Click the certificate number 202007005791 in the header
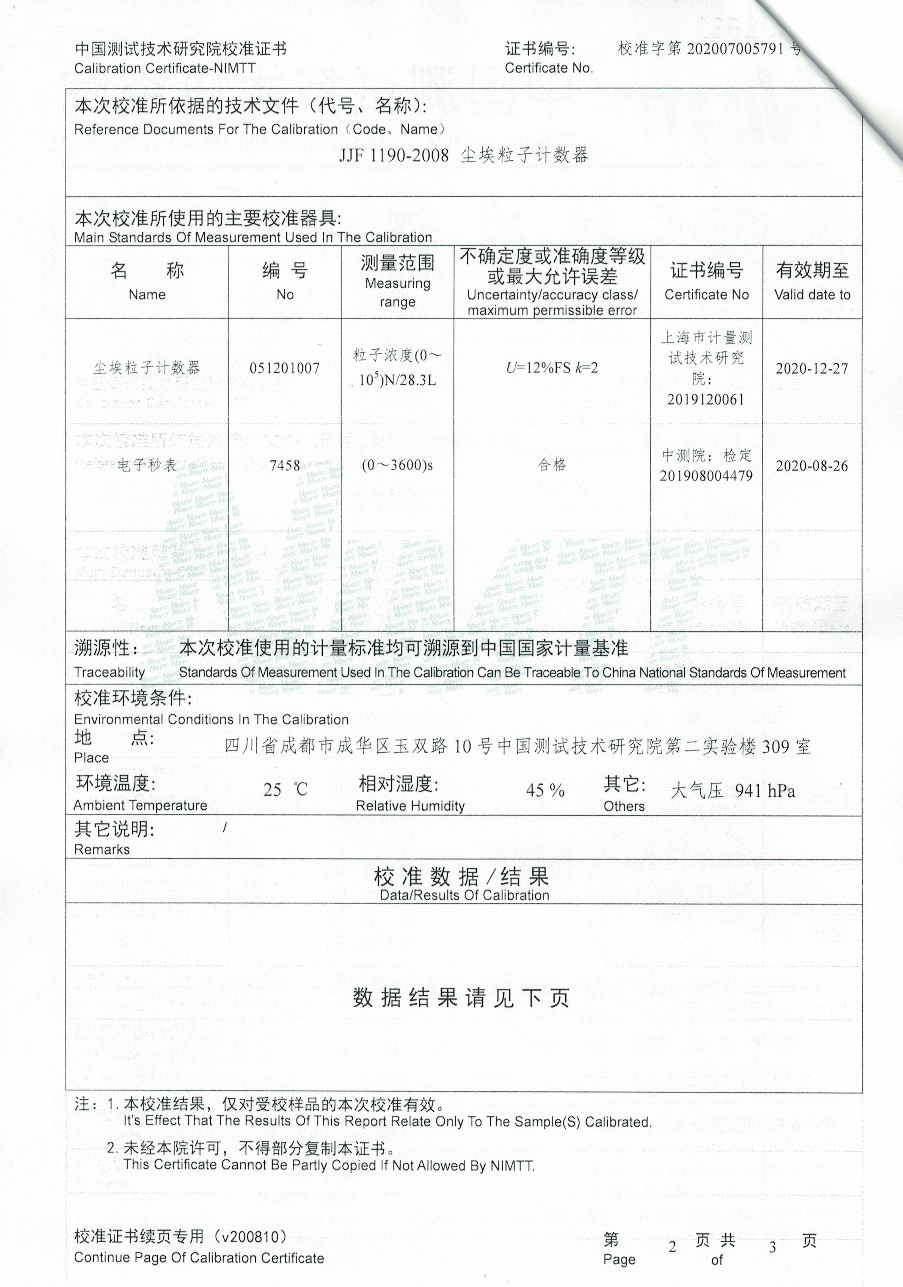coord(735,49)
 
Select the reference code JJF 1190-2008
coord(394,155)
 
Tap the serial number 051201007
coord(285,368)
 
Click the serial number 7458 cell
coord(285,465)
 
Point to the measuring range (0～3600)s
coord(397,465)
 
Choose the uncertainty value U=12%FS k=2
coord(552,368)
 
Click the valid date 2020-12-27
coord(812,368)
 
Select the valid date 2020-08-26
coord(812,466)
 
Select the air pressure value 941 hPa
coord(764,791)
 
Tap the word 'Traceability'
coord(109,672)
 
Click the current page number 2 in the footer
coord(672,1247)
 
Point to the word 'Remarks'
coord(102,849)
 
